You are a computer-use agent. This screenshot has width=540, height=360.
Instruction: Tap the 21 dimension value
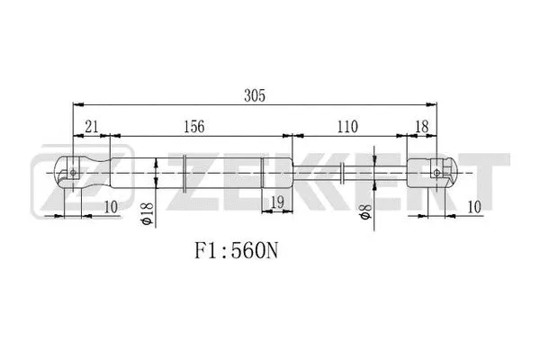(x=93, y=127)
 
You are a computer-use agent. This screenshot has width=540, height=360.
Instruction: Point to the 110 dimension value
(x=348, y=127)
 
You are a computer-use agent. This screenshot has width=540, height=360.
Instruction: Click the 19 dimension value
(x=277, y=204)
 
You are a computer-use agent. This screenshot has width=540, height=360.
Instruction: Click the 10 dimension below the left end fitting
(x=111, y=206)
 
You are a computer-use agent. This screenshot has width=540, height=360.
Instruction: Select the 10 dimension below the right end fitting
(x=475, y=206)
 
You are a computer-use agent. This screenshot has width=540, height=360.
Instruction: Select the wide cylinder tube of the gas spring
(x=225, y=170)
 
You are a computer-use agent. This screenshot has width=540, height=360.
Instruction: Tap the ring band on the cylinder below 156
(x=184, y=170)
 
